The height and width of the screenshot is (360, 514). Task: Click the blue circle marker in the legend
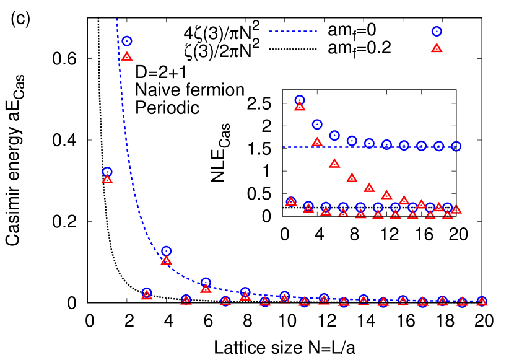pos(437,32)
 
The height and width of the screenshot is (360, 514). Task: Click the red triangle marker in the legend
pos(437,48)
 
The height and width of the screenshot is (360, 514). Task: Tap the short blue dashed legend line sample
pos(293,32)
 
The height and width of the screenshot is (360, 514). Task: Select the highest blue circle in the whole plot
pos(127,41)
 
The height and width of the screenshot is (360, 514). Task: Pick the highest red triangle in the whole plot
pos(127,56)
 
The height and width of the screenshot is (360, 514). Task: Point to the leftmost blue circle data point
pos(107,172)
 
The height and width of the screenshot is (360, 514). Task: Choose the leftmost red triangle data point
pos(107,179)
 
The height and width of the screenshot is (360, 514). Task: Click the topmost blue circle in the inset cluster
pos(300,100)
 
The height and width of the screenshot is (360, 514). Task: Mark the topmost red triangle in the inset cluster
pos(300,107)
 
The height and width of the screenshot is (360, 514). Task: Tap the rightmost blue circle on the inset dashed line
pos(456,146)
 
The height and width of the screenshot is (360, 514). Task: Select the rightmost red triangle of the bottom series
pos(482,302)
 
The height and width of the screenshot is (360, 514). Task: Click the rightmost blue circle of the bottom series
pos(482,301)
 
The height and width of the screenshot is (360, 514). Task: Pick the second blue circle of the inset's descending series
pos(317,124)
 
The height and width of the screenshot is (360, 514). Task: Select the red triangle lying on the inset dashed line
pos(317,142)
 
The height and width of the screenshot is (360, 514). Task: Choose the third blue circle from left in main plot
pos(147,292)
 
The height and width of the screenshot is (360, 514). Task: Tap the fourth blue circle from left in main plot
pos(166,251)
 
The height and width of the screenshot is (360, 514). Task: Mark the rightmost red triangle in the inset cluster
pos(456,209)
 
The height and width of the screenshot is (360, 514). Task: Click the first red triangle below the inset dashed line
pos(334,164)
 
